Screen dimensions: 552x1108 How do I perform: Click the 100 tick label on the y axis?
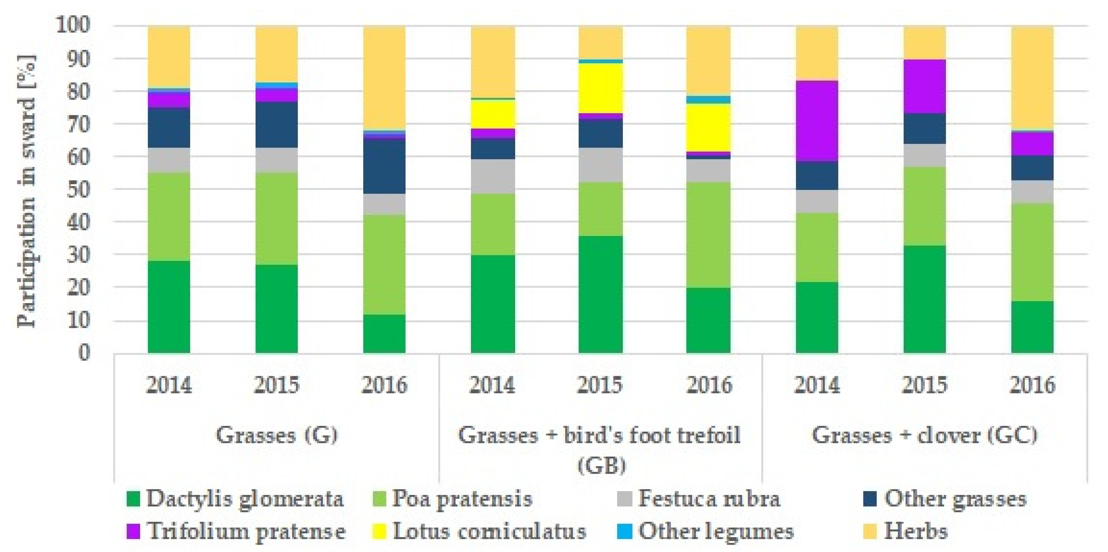tap(73, 26)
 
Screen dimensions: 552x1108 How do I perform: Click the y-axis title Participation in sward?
tap(27, 191)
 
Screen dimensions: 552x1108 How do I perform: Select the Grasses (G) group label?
tap(276, 435)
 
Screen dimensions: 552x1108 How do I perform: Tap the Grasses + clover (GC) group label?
tap(925, 435)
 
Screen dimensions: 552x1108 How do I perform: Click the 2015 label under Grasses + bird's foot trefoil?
tap(600, 384)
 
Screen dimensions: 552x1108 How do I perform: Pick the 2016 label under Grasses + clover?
tap(1032, 384)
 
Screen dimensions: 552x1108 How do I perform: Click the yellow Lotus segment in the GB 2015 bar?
tap(601, 88)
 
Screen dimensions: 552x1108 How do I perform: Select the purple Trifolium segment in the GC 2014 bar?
tap(817, 121)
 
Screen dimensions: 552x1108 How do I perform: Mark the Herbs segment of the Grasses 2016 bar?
tap(384, 77)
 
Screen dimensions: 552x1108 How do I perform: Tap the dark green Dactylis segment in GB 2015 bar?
tap(601, 294)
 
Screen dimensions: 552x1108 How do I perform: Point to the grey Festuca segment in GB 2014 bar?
tap(493, 176)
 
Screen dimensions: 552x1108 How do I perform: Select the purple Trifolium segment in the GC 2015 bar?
tap(925, 86)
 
